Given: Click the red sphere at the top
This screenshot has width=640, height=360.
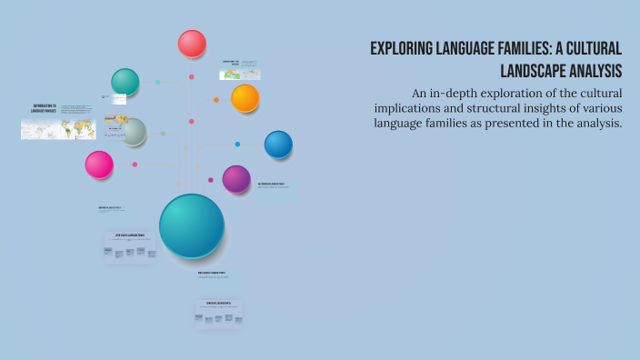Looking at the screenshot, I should (192, 44).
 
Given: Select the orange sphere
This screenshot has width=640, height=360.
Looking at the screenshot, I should (245, 98).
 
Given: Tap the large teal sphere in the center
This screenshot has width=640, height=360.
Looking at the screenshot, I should (191, 225).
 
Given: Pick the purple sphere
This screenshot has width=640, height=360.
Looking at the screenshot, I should (236, 179).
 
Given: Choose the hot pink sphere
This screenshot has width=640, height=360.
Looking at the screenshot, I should (99, 165).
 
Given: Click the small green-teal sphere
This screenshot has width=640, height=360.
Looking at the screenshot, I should (125, 82).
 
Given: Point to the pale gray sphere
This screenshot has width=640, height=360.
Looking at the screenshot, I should (134, 133).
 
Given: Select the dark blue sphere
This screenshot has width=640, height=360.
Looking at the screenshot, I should (278, 144).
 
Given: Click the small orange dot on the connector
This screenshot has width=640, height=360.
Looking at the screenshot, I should (215, 100).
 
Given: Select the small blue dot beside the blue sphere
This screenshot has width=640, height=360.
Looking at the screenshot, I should (237, 144).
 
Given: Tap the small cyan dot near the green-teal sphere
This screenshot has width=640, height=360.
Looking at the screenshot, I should (157, 82).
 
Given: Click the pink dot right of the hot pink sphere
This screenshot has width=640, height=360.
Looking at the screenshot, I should (135, 165).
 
